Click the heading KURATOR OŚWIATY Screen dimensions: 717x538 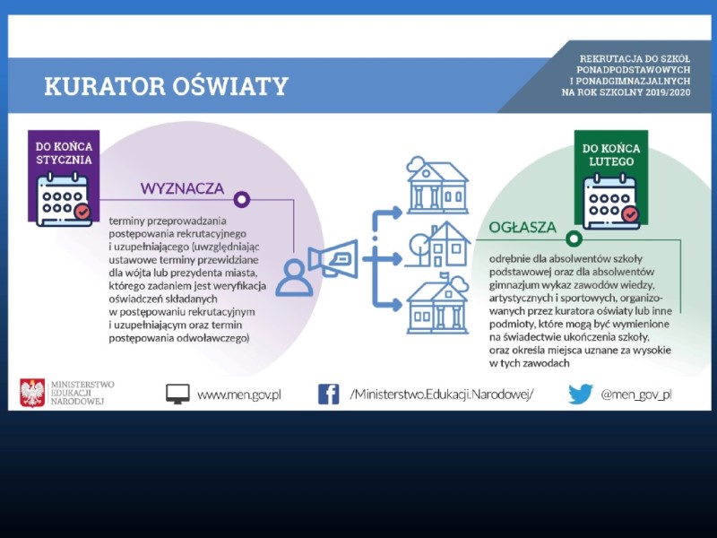click(x=166, y=86)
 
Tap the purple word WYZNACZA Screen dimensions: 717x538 click(x=182, y=188)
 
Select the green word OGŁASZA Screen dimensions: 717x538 click(x=523, y=228)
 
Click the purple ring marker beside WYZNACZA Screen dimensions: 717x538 click(x=242, y=199)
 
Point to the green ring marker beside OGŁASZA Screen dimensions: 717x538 click(x=574, y=239)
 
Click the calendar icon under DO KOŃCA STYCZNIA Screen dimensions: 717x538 click(x=64, y=199)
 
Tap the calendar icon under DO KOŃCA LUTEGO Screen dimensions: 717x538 click(x=611, y=201)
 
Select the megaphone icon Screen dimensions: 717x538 click(x=333, y=259)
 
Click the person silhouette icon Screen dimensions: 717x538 click(x=295, y=278)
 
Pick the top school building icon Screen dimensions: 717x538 click(x=437, y=185)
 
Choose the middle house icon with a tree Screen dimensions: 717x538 click(x=437, y=245)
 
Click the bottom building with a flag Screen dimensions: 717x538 click(x=438, y=303)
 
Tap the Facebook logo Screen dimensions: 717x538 click(x=329, y=395)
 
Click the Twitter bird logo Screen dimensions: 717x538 click(x=580, y=394)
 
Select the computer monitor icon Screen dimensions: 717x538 click(x=177, y=394)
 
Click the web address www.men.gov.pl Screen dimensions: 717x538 click(x=239, y=395)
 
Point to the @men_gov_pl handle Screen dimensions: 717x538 click(x=636, y=395)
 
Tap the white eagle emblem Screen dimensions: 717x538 click(x=32, y=393)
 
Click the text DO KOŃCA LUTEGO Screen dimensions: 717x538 click(x=611, y=154)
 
